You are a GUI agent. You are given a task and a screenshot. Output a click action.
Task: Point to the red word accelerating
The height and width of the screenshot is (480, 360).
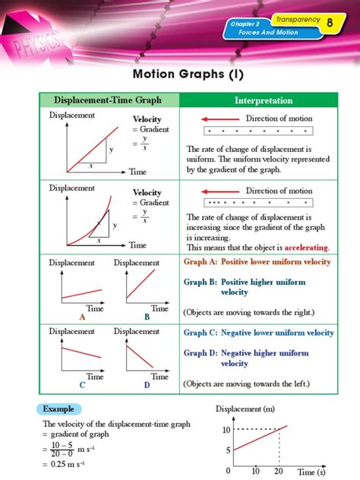[307, 248]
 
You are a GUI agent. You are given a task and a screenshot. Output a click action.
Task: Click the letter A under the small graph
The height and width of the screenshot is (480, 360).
[73, 318]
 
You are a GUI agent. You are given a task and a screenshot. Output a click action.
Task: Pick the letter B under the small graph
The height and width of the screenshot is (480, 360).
[147, 318]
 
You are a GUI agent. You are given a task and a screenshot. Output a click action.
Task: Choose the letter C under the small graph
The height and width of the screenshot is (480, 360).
[73, 385]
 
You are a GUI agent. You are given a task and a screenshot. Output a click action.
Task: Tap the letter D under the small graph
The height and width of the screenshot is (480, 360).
[147, 385]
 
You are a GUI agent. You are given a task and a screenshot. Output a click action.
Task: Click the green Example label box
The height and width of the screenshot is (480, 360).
[58, 408]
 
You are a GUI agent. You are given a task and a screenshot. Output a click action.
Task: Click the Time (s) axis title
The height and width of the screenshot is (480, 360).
[311, 472]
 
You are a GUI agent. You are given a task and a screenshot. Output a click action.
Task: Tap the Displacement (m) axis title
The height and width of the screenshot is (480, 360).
[246, 410]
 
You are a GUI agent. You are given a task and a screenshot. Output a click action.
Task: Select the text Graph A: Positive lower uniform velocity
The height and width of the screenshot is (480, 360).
[257, 262]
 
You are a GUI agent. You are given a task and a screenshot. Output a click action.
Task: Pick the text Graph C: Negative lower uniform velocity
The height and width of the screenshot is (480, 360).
[259, 333]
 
